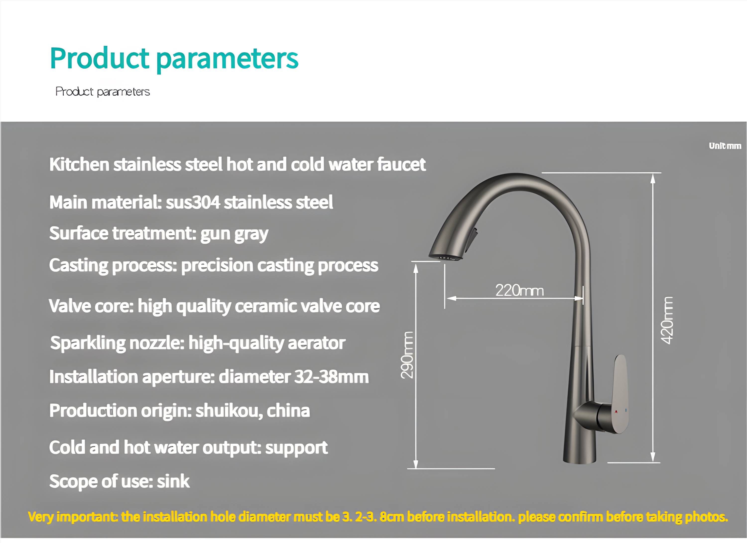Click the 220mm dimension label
coord(519,290)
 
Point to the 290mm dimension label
coord(407,355)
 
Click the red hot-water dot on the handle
coord(616,411)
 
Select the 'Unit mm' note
coord(725,146)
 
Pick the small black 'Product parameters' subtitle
coord(102,92)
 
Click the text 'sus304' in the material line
coord(193,202)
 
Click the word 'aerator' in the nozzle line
coord(316,343)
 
